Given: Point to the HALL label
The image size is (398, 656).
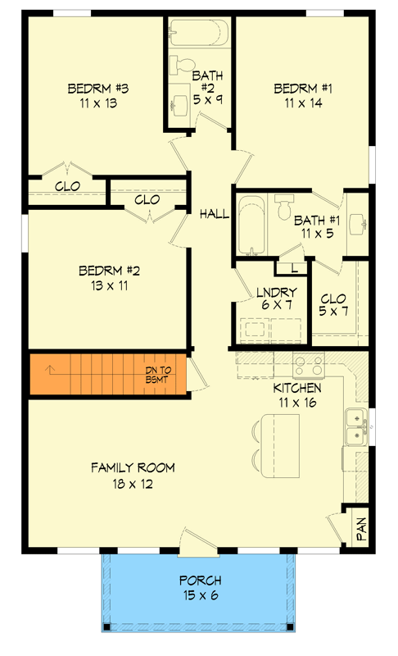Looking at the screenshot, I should pyautogui.click(x=214, y=214).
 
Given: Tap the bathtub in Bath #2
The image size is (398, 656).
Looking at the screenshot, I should pyautogui.click(x=197, y=34).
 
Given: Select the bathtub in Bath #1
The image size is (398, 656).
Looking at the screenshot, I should pyautogui.click(x=252, y=225).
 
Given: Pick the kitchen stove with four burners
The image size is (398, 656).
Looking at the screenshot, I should pyautogui.click(x=308, y=365).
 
